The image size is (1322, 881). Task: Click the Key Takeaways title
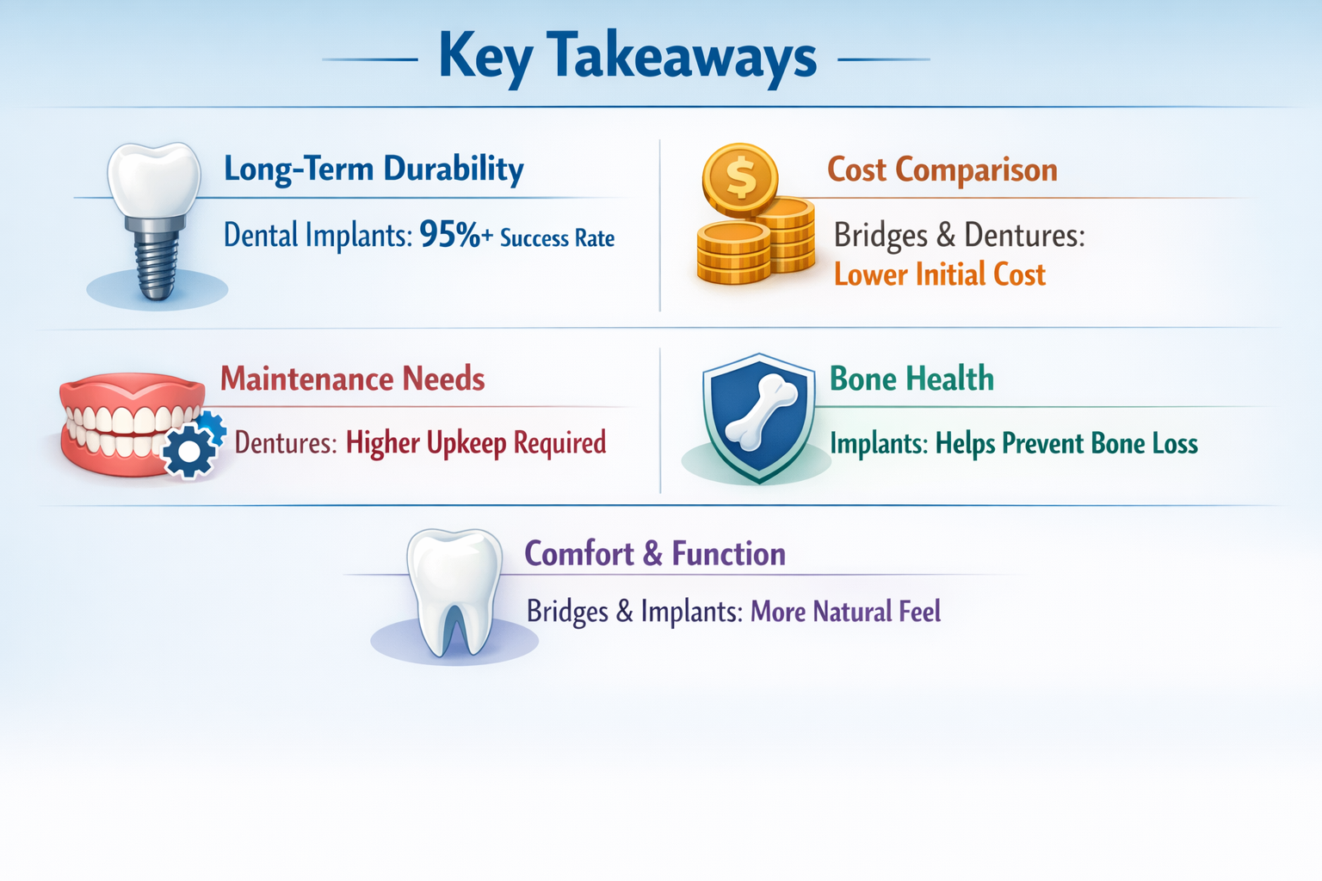[x=627, y=57]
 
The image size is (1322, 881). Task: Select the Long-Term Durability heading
[x=374, y=169]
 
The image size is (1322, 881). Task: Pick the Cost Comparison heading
[x=942, y=170]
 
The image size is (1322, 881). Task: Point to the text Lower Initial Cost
[x=939, y=275]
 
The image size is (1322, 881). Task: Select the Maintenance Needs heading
[x=352, y=379]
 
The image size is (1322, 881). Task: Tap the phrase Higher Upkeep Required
[x=476, y=443]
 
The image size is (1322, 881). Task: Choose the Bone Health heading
[x=911, y=379]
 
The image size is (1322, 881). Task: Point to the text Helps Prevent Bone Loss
[x=1066, y=444]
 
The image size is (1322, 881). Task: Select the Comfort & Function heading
[x=654, y=554]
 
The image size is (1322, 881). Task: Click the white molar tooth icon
[x=454, y=589]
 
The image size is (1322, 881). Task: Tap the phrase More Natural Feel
[x=845, y=612]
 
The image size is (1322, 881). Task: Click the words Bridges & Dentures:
[x=959, y=235]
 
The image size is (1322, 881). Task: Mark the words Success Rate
[x=557, y=238]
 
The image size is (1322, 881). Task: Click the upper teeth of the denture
[x=129, y=419]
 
